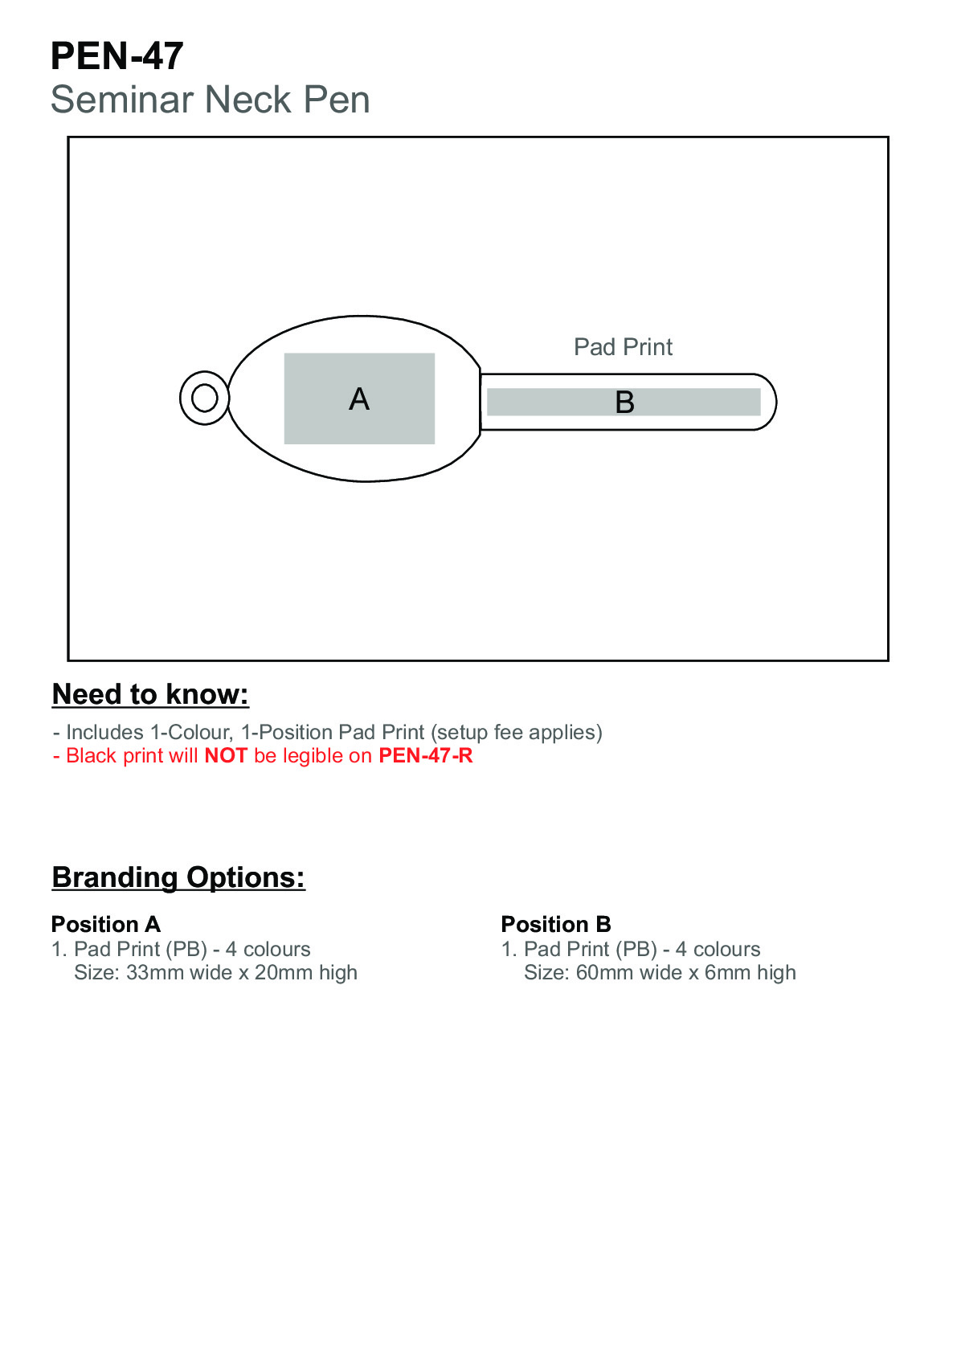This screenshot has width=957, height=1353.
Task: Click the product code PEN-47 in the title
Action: (117, 56)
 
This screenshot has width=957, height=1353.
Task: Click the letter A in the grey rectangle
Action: (359, 399)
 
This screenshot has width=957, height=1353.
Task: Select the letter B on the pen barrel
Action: (624, 403)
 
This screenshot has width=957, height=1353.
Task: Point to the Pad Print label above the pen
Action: (623, 347)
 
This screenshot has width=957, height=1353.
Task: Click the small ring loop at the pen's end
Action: (204, 398)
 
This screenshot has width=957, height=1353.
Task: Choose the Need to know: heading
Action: (150, 694)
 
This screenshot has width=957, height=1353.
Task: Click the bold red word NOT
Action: (226, 756)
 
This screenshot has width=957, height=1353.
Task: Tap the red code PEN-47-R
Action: (425, 756)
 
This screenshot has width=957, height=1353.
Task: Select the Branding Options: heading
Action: (178, 877)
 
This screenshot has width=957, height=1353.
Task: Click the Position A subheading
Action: (106, 924)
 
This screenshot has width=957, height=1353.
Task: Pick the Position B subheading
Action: (556, 924)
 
